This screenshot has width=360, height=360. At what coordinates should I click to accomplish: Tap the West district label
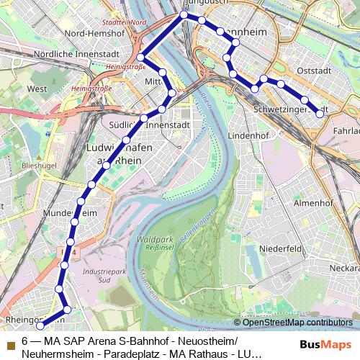(37, 89)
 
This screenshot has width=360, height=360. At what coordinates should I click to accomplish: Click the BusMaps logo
(326, 345)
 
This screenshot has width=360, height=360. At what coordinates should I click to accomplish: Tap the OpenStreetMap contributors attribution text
(297, 322)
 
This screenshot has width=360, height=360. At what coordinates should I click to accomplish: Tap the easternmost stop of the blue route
(320, 113)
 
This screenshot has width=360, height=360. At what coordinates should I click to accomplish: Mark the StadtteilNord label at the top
(130, 22)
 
